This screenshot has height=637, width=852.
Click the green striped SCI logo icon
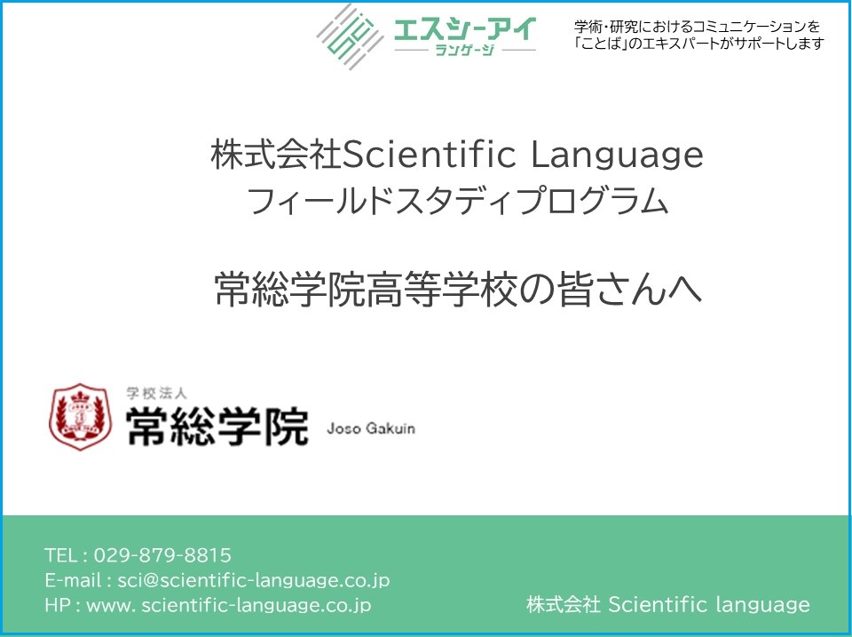point(351,36)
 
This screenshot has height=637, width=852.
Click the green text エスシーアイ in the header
point(465,29)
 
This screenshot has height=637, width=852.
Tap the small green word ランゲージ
point(465,51)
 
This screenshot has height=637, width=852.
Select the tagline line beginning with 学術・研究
point(697,26)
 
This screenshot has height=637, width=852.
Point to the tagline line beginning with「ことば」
point(699,44)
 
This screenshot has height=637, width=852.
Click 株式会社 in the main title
point(277,155)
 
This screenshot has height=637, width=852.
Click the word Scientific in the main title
point(430,155)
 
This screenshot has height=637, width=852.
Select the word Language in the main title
point(617,156)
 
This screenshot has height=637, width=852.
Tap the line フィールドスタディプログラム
point(457,201)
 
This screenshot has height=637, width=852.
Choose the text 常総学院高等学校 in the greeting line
point(365,289)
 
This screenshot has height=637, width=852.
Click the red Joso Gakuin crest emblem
point(81,417)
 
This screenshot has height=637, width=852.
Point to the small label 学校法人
point(156,393)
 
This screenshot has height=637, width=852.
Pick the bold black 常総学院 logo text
point(217,426)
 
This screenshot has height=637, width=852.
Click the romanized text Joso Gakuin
point(371,428)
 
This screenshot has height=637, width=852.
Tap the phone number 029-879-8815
point(162,555)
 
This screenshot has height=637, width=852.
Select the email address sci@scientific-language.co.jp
point(254,580)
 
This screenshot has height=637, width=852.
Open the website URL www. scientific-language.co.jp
point(229,605)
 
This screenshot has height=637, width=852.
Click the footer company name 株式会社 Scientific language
point(667,604)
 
